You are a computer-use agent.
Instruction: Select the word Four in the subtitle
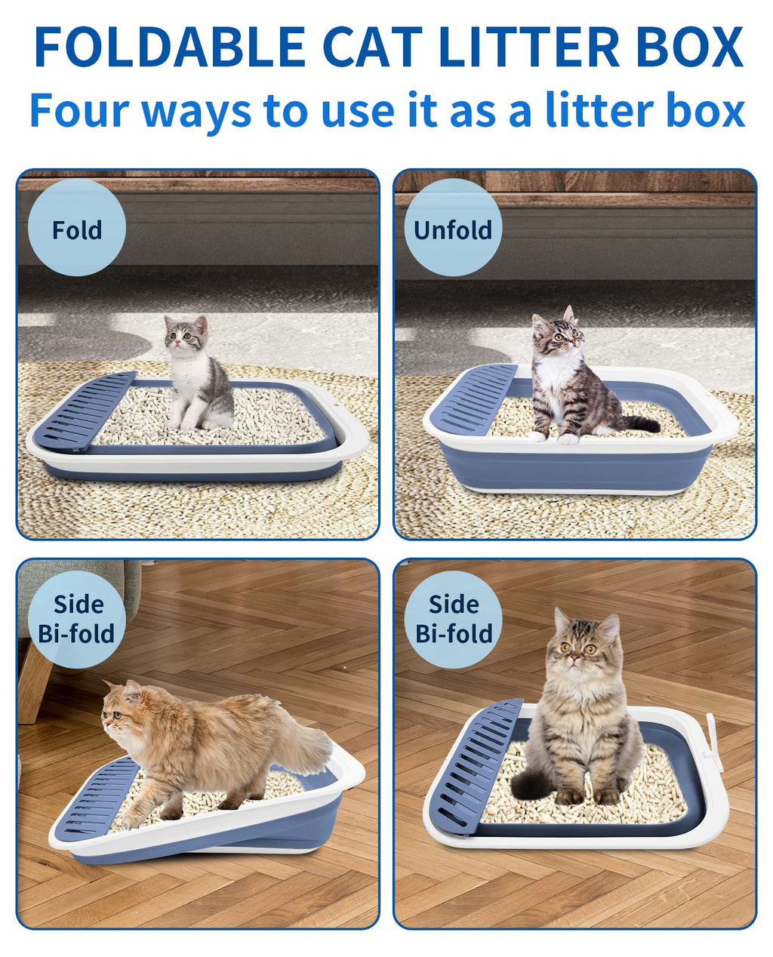(79, 110)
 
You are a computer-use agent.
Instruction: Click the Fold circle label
(77, 228)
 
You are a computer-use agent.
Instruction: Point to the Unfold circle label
(453, 228)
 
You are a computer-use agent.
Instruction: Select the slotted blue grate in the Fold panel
(85, 410)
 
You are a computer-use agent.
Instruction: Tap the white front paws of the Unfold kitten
(553, 436)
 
